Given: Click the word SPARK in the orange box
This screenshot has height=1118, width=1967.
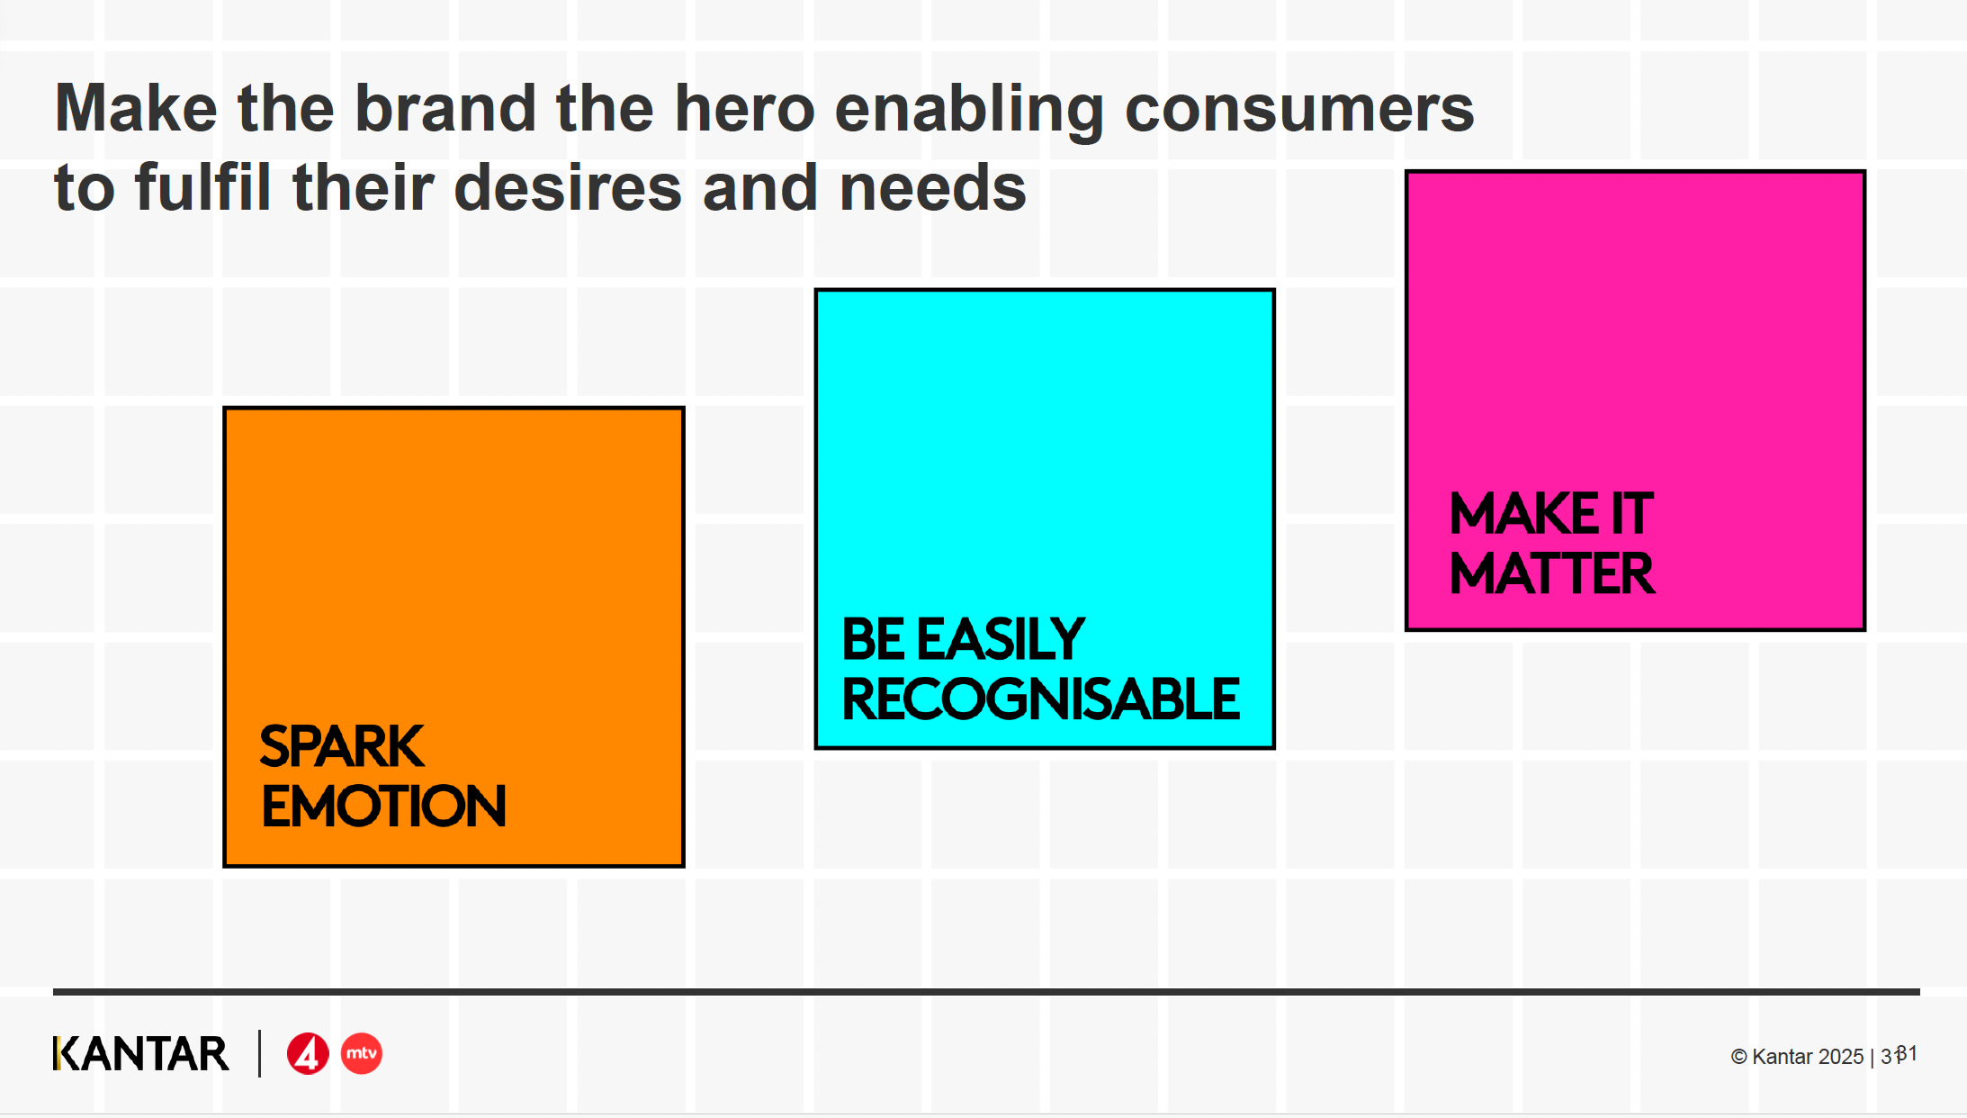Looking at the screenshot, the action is (x=342, y=746).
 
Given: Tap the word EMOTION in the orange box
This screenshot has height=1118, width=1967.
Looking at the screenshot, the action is (x=383, y=806).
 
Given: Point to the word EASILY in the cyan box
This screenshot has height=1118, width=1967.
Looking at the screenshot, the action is (x=1001, y=639).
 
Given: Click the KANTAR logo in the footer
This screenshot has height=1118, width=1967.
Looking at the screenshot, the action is (x=141, y=1053).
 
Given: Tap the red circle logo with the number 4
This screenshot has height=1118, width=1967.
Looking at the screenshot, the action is (x=308, y=1053).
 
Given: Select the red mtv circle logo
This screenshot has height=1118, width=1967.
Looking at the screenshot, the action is (x=362, y=1053).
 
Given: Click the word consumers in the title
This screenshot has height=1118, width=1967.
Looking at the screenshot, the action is (x=1299, y=109).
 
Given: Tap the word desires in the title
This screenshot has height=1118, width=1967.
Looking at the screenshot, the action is (x=568, y=188).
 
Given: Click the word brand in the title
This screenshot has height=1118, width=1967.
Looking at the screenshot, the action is (x=445, y=109).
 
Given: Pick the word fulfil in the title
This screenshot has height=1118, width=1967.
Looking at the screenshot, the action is (x=202, y=188).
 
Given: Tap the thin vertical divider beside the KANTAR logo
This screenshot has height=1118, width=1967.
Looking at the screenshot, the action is (x=259, y=1053).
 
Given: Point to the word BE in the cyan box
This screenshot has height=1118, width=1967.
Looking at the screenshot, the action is (x=873, y=639).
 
